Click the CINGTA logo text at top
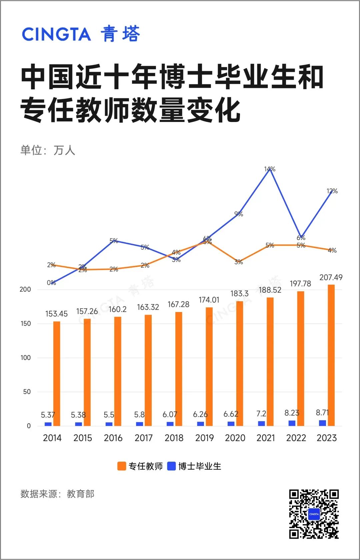(56, 34)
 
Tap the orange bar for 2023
(331, 355)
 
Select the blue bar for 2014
(48, 424)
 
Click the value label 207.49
(331, 277)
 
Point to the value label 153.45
(56, 314)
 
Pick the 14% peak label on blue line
(270, 169)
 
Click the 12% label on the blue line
(332, 191)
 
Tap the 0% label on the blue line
(51, 283)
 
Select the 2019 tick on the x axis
(204, 438)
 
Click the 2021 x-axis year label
(266, 438)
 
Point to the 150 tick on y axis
(26, 324)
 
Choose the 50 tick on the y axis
(27, 392)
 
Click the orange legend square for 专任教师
(121, 466)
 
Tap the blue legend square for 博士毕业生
(171, 466)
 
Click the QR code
(314, 514)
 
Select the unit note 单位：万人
(48, 150)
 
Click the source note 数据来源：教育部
(57, 494)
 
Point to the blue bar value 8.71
(322, 413)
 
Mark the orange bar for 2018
(179, 369)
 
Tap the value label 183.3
(239, 294)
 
